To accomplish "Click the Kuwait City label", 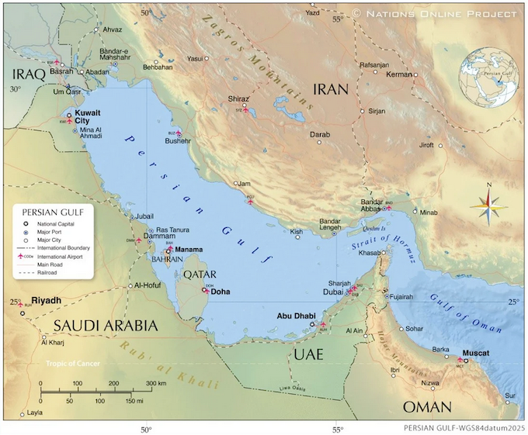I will click(x=87, y=116).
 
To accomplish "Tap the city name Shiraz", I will click(x=238, y=99).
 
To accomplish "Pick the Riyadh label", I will click(x=46, y=300).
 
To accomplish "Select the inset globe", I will click(x=488, y=78).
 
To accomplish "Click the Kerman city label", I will click(x=399, y=74).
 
